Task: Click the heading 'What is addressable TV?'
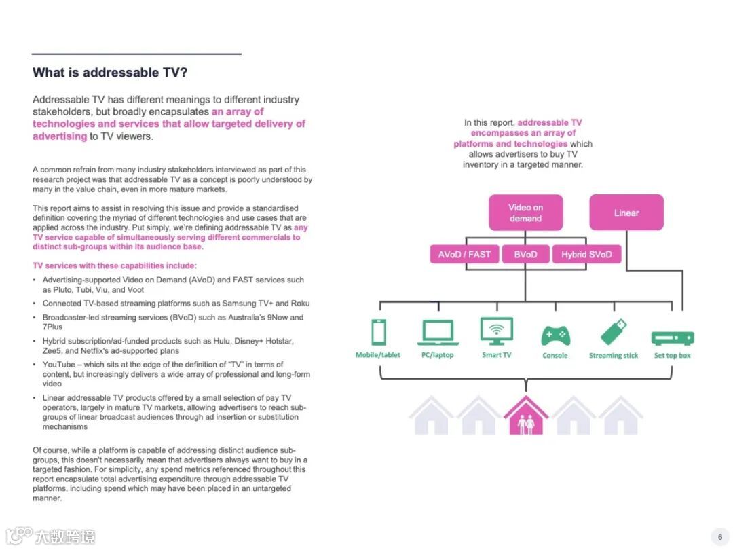(x=110, y=73)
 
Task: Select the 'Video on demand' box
(x=525, y=213)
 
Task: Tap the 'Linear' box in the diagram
(x=626, y=213)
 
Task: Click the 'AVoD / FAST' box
(x=464, y=255)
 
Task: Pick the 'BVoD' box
(x=525, y=255)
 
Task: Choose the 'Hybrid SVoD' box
(x=586, y=255)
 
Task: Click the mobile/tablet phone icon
(x=379, y=332)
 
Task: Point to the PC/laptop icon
(x=436, y=332)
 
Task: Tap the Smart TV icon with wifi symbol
(x=497, y=331)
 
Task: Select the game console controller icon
(x=555, y=335)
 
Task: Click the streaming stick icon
(x=614, y=332)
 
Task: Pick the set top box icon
(x=672, y=337)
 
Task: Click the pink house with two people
(x=526, y=415)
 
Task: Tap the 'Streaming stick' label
(x=614, y=356)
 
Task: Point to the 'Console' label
(x=555, y=356)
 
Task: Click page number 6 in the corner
(x=719, y=536)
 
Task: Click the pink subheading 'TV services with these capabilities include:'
(x=115, y=265)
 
